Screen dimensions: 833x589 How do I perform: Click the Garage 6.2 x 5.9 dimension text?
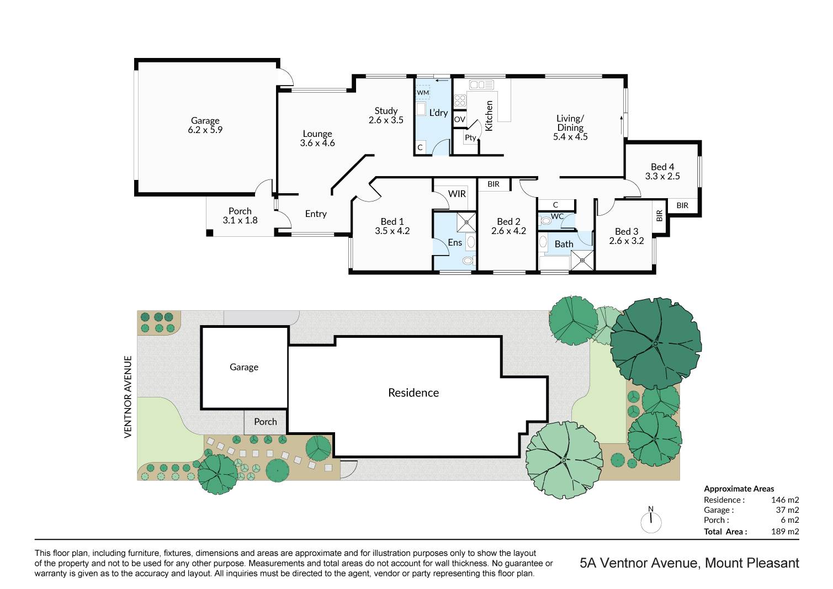coord(205,130)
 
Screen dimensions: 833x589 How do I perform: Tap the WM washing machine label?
coord(423,93)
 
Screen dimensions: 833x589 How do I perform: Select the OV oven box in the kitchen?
coord(460,119)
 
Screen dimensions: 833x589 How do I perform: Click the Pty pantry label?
coord(470,137)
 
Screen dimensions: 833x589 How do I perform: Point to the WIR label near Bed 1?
coord(457,194)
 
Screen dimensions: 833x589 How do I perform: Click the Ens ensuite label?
coord(455,242)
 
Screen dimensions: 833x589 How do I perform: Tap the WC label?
coord(557,216)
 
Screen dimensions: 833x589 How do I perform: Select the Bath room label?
coord(564,244)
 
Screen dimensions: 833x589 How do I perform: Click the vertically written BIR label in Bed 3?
coord(659,216)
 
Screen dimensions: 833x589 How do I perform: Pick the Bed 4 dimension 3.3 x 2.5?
coord(662,176)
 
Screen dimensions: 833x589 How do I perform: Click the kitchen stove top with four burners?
coord(460,100)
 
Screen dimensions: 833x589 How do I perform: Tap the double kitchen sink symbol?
coord(481,85)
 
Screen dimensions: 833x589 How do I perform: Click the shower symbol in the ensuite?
coord(466,222)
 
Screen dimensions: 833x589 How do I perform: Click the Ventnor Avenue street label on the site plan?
coord(128,397)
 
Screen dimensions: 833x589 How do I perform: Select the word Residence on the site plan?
coord(413,392)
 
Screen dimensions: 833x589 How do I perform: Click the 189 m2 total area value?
coord(785,532)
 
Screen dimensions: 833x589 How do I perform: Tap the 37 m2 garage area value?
coord(787,510)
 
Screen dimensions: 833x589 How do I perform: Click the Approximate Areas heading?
coord(739,489)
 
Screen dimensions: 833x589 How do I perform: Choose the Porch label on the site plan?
coord(266,422)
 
